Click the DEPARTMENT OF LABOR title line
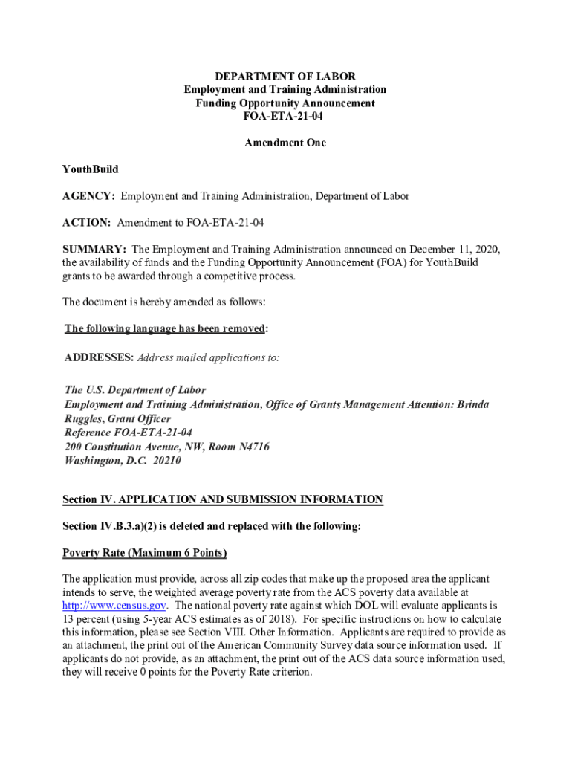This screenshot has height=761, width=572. pos(285,76)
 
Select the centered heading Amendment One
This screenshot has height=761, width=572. pos(285,143)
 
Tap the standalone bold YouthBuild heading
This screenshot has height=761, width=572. pos(90,169)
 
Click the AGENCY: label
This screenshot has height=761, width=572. pos(88,196)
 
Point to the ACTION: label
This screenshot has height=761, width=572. pos(86,223)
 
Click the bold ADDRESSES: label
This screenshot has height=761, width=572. pos(99,357)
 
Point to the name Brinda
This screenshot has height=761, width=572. pos(472,404)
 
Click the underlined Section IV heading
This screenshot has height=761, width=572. pos(223,499)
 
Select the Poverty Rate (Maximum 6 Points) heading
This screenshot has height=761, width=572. pos(144,553)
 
